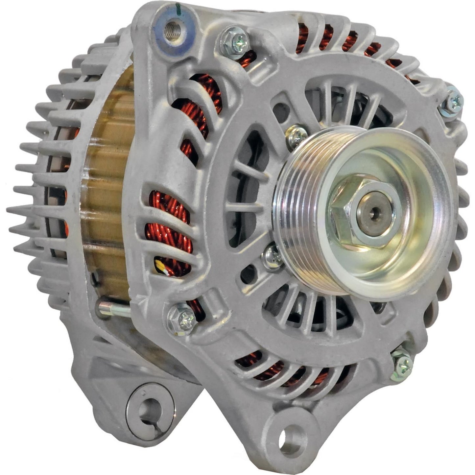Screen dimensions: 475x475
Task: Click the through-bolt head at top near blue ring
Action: (234, 42)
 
